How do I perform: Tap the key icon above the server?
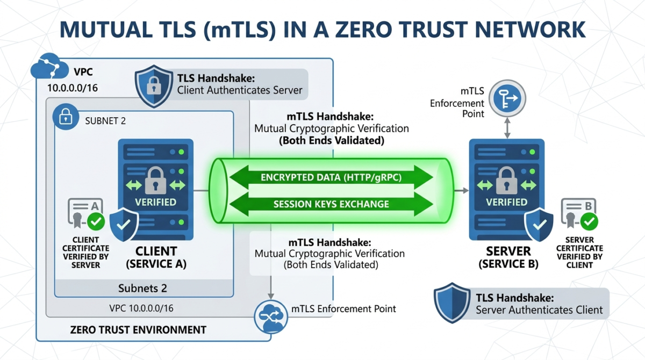pos(506,99)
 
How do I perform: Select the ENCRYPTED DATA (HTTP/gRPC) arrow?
pos(331,177)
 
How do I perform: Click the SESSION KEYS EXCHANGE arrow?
pos(331,204)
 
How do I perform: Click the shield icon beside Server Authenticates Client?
pos(453,304)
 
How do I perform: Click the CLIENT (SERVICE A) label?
pos(156,257)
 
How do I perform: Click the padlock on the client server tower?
pos(155,180)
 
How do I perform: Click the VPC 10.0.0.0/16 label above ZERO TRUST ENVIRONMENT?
pos(144,309)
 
